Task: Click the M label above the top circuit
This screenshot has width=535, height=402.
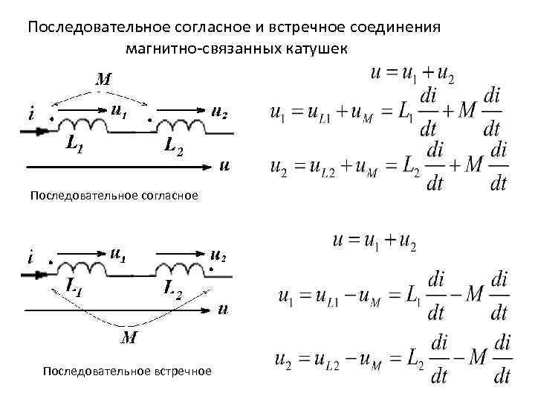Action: click(x=103, y=78)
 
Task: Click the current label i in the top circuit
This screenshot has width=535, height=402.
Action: click(x=30, y=115)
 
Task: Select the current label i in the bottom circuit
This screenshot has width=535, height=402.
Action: click(x=30, y=259)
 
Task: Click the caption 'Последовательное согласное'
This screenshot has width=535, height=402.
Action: click(x=114, y=196)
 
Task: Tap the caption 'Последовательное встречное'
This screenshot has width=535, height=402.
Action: click(x=127, y=371)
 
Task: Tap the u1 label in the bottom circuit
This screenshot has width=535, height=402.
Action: click(x=117, y=254)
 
